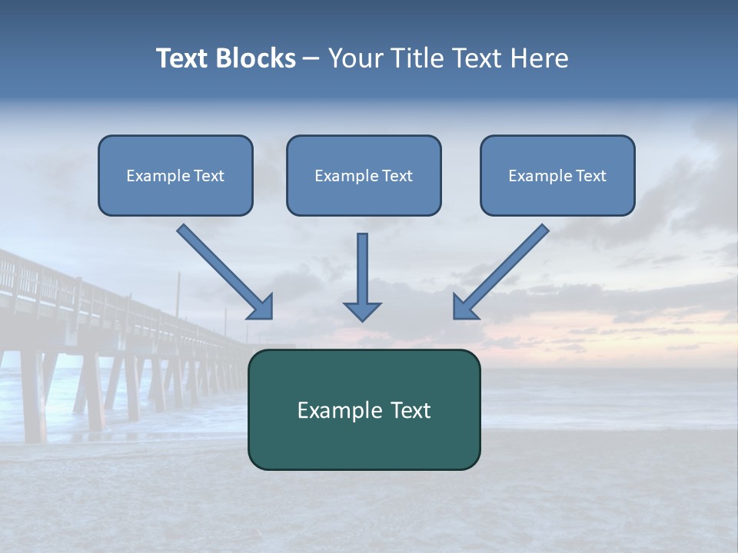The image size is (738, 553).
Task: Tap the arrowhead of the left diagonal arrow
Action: tap(261, 306)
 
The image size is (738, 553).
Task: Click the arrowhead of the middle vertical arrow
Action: tap(362, 310)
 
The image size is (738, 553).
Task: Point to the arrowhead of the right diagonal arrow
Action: tap(464, 306)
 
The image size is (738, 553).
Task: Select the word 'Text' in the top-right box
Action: tap(590, 176)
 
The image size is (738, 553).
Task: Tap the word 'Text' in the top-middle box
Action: tap(397, 176)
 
